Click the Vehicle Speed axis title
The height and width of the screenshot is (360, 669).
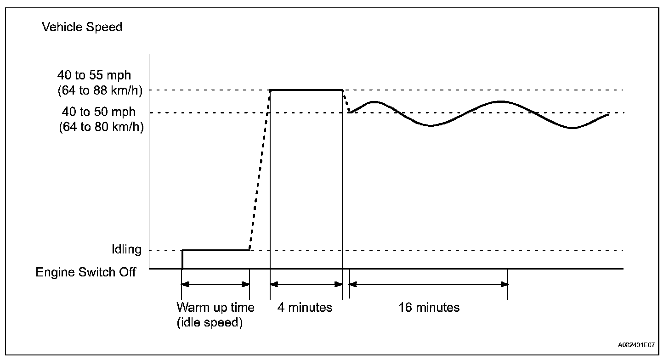82,27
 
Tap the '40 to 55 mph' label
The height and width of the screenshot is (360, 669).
96,75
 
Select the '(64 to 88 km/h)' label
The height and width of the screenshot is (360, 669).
100,90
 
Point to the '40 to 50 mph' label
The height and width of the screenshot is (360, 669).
99,112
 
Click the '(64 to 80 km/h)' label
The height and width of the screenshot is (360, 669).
101,127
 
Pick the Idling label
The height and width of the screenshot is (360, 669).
126,250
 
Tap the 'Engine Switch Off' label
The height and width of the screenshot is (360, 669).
86,272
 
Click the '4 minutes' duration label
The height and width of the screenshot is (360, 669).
305,307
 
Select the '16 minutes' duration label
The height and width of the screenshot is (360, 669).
429,307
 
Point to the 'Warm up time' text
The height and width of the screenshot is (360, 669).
215,307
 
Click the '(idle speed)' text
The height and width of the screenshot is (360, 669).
210,323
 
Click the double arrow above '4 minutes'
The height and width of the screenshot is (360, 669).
306,285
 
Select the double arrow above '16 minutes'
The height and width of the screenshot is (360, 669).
429,285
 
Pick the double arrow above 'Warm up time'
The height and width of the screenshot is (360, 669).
215,285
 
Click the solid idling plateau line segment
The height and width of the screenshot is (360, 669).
216,250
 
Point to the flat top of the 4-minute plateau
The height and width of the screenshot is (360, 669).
306,90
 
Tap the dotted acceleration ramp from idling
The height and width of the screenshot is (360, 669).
260,170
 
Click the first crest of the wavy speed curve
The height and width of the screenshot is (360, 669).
375,102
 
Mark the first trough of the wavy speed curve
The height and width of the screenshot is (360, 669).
430,125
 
